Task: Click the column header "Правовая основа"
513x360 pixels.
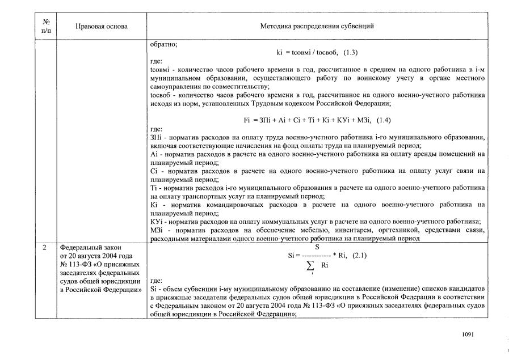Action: [102, 27]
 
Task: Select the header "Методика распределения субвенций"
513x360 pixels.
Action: [317, 27]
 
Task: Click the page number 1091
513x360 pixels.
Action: [468, 335]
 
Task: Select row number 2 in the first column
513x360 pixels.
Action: [45, 248]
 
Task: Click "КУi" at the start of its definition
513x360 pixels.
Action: [155, 221]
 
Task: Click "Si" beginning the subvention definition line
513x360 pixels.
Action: [152, 288]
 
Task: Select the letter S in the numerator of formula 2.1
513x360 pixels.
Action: [317, 247]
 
